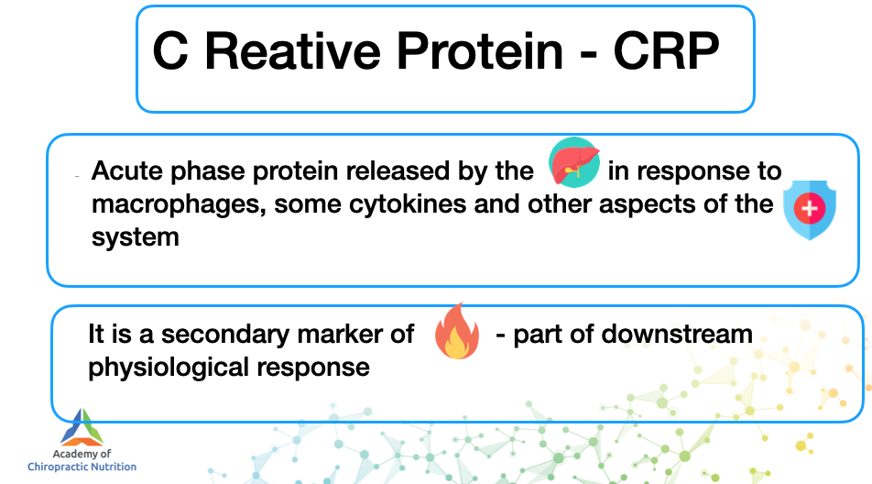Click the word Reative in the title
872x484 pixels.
(292, 51)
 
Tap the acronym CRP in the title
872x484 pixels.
(666, 51)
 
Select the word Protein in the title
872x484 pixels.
(479, 51)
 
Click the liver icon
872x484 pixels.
(574, 162)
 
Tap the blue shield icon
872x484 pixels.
(810, 209)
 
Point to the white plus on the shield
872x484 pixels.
(810, 209)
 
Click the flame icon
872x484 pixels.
(457, 332)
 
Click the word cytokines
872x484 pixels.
(408, 203)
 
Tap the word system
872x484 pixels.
(136, 237)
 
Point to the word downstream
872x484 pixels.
(677, 335)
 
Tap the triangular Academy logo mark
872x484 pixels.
(82, 427)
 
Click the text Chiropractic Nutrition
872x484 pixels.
(82, 467)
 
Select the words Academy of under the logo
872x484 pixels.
(82, 454)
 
